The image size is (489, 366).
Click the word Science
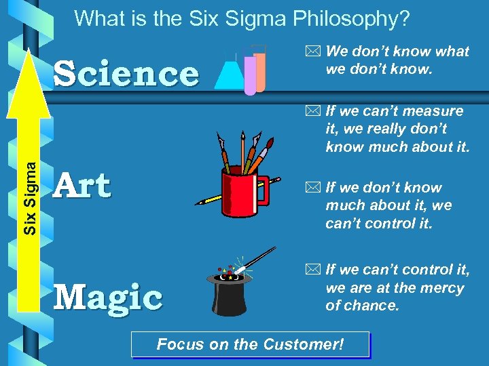(126, 75)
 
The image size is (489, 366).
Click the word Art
(83, 186)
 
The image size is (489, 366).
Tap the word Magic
(108, 296)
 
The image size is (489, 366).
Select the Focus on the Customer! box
(250, 344)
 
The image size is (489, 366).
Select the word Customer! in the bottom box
(306, 344)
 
